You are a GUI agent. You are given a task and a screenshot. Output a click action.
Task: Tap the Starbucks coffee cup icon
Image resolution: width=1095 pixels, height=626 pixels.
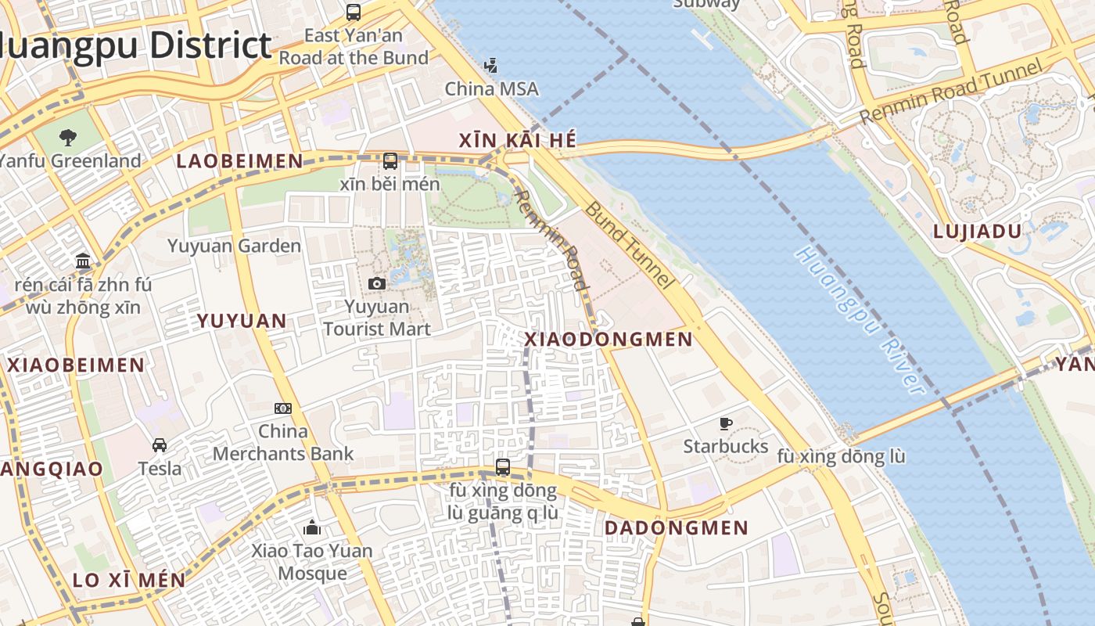tap(726, 424)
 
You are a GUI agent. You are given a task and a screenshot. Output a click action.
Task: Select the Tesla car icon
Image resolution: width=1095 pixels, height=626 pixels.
tap(160, 445)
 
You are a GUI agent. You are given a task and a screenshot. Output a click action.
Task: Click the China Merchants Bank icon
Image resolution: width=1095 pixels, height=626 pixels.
tap(283, 408)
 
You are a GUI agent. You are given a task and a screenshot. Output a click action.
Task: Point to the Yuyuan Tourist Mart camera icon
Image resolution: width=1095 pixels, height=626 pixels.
tap(377, 283)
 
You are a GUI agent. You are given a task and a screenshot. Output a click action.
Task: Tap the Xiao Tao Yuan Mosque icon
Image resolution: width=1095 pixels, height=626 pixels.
tap(312, 527)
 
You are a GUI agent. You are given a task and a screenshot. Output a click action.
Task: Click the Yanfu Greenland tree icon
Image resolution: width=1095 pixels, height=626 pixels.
tap(68, 139)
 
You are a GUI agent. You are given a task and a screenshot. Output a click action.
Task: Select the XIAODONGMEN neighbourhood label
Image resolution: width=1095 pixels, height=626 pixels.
tap(608, 340)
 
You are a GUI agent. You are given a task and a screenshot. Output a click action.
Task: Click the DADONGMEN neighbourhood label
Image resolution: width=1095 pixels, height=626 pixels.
tap(677, 528)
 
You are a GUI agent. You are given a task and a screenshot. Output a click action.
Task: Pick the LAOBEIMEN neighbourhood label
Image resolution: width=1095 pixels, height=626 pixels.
tap(239, 161)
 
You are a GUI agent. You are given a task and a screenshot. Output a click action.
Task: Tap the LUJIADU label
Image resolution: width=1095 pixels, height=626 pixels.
tap(978, 232)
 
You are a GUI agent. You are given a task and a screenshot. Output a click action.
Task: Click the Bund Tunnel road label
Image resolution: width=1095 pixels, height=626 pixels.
tap(629, 245)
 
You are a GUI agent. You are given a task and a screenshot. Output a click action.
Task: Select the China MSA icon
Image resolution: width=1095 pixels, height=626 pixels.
tap(491, 65)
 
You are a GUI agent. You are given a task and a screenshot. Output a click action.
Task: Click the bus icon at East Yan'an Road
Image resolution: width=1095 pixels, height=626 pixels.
tap(354, 13)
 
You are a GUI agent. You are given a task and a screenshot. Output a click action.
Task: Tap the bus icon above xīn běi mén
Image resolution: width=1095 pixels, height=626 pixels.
tap(390, 161)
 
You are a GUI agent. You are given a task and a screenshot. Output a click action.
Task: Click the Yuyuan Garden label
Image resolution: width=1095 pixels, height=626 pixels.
tap(234, 246)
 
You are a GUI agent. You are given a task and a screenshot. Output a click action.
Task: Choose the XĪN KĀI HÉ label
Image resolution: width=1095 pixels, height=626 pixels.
tap(517, 141)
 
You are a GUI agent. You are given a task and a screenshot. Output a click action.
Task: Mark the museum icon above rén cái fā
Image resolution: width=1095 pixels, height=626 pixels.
tap(83, 261)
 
